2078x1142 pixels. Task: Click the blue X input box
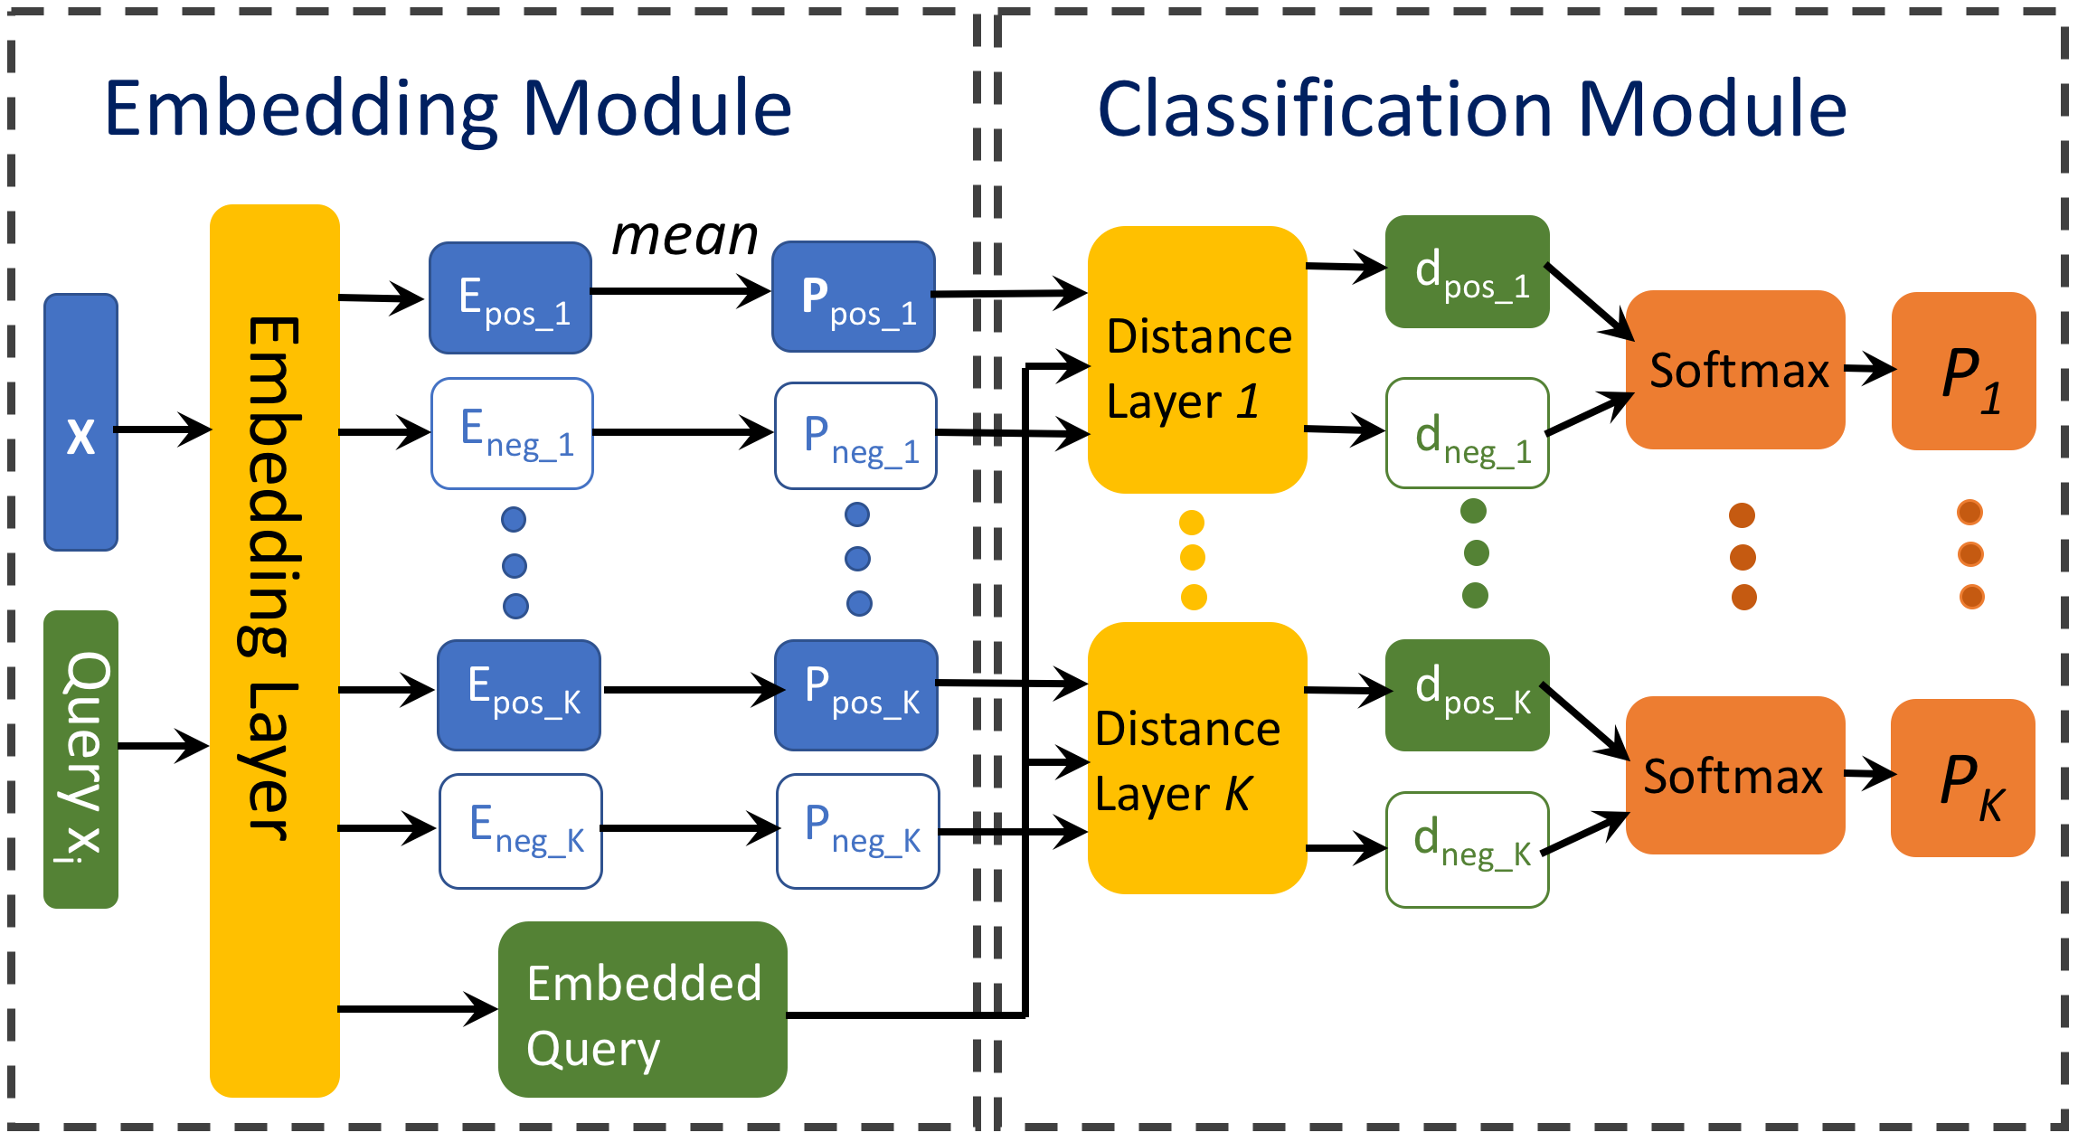tap(80, 421)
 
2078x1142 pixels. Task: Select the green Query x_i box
tap(80, 759)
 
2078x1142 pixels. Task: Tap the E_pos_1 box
tap(510, 297)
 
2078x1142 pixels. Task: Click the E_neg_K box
tap(521, 831)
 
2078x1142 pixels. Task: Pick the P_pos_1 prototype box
tap(854, 297)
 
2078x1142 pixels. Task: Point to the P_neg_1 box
tap(855, 436)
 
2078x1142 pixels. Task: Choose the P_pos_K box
tap(856, 695)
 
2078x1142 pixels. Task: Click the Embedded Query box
tap(642, 1009)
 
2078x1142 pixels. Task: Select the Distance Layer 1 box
tap(1196, 360)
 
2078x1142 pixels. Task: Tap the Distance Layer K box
tap(1196, 758)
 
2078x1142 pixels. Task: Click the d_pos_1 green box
tap(1467, 271)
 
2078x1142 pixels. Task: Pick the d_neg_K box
tap(1467, 849)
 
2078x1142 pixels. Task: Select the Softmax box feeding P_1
tap(1734, 370)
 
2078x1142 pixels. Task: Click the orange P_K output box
tap(1962, 778)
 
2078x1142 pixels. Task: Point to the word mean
tap(685, 237)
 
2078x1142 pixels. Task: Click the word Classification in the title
tap(1325, 109)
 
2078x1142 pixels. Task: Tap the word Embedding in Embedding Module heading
tap(301, 109)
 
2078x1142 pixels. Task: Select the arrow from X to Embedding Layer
tap(163, 429)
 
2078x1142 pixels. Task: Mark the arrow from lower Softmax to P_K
tap(1868, 773)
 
